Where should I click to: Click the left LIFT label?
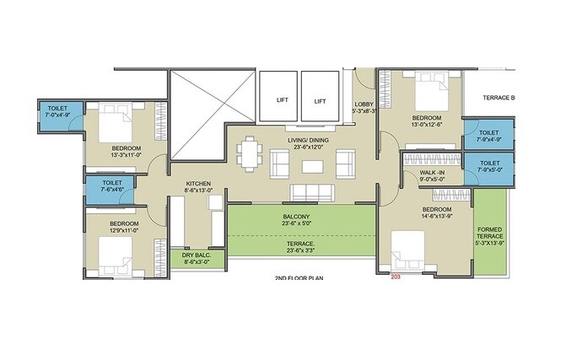(x=283, y=100)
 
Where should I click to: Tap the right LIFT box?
(x=320, y=98)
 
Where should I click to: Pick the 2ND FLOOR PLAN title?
(x=299, y=277)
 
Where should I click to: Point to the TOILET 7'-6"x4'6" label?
(x=112, y=186)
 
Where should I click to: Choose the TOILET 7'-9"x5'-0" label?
(x=488, y=166)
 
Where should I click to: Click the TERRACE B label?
(x=498, y=98)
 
